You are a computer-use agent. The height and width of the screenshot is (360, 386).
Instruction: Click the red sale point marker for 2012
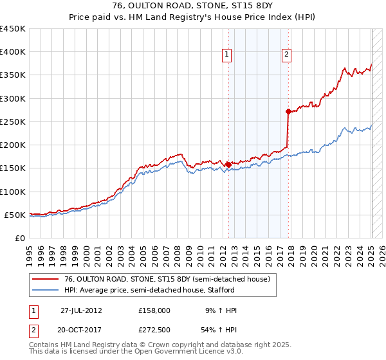228,165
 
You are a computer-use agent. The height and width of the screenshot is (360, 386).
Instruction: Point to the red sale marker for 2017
288,111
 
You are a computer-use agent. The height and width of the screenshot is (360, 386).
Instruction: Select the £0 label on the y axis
20,238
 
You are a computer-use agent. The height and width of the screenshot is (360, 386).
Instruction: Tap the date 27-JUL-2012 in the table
81,310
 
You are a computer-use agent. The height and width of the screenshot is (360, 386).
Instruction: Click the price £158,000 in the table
154,310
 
